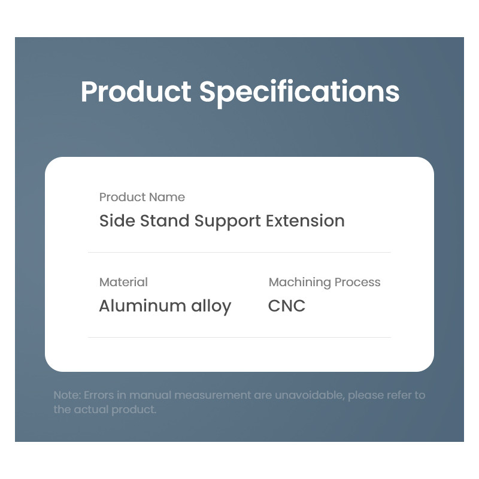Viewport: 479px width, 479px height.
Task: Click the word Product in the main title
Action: click(137, 92)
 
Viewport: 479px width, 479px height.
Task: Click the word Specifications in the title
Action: click(299, 93)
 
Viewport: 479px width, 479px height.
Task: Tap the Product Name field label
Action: click(142, 197)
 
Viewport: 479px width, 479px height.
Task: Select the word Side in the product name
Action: click(117, 220)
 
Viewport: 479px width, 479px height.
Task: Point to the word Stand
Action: click(165, 220)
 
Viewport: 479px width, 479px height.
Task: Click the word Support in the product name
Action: click(228, 222)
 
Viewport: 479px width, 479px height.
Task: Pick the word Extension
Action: click(305, 220)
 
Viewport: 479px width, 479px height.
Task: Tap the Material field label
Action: click(123, 282)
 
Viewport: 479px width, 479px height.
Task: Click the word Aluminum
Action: click(143, 306)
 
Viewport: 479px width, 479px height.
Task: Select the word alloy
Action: click(211, 307)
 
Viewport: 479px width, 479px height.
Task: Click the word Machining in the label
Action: click(300, 283)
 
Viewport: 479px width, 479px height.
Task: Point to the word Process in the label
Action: click(357, 282)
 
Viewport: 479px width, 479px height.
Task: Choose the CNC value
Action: click(287, 306)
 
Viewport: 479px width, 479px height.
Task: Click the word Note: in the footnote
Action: click(67, 395)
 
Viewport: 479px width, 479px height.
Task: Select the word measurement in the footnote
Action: click(213, 395)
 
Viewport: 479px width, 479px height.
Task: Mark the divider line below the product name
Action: click(239, 252)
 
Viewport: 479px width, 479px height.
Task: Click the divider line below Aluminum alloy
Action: click(239, 337)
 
